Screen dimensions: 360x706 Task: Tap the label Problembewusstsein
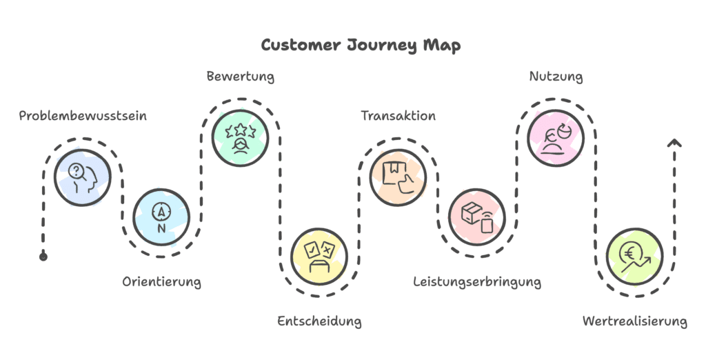(x=83, y=116)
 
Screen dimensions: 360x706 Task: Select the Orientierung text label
(x=162, y=281)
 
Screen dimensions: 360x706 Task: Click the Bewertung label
(x=241, y=77)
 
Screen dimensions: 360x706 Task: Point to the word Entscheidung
(x=319, y=321)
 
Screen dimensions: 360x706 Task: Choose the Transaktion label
(x=399, y=116)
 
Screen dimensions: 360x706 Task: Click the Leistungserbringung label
(x=477, y=281)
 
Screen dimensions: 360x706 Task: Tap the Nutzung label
(x=556, y=77)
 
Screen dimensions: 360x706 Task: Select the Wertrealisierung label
(x=634, y=321)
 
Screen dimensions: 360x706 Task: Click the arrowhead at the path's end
(x=674, y=143)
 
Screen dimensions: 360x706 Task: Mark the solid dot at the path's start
(x=43, y=257)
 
